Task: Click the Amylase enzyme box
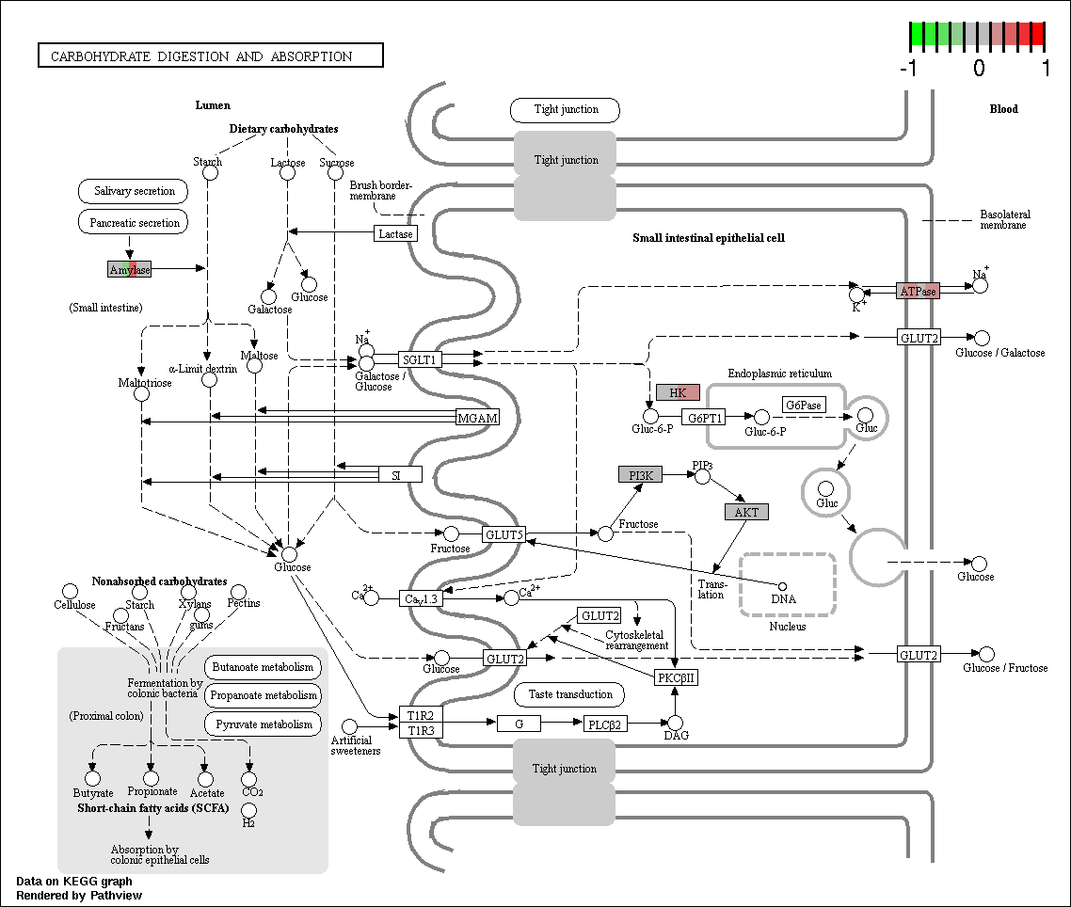tap(129, 269)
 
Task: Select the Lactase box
tap(395, 233)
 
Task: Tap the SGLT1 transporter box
tap(420, 359)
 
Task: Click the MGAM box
tap(477, 418)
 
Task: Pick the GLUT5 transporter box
tap(504, 534)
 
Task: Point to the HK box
tap(679, 392)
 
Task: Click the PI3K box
tap(641, 475)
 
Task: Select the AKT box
tap(746, 512)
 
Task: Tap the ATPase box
tap(918, 291)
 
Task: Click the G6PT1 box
tap(704, 417)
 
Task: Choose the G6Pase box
tap(804, 405)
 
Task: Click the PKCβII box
tap(677, 677)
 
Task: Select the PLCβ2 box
tap(605, 724)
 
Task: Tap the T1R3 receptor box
tap(421, 731)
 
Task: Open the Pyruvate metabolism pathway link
tap(264, 724)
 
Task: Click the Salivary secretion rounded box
tap(134, 191)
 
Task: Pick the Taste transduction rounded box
tap(569, 694)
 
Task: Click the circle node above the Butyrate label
tap(92, 779)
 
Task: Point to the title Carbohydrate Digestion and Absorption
tap(201, 56)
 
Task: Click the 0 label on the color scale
tap(979, 68)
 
